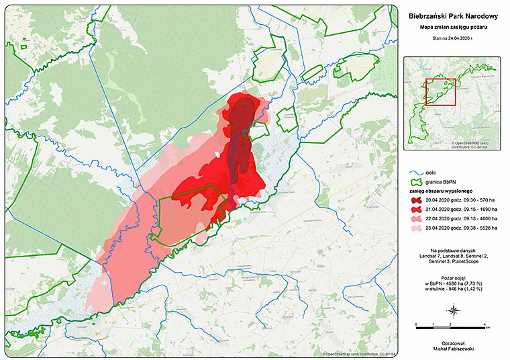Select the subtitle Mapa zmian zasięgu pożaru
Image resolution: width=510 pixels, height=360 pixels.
[453, 27]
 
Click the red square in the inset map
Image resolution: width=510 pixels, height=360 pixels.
[442, 92]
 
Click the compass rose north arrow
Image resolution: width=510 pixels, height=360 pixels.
[454, 310]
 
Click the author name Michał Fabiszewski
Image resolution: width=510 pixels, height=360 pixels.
[454, 349]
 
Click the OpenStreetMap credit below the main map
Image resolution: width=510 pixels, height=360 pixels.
[361, 353]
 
